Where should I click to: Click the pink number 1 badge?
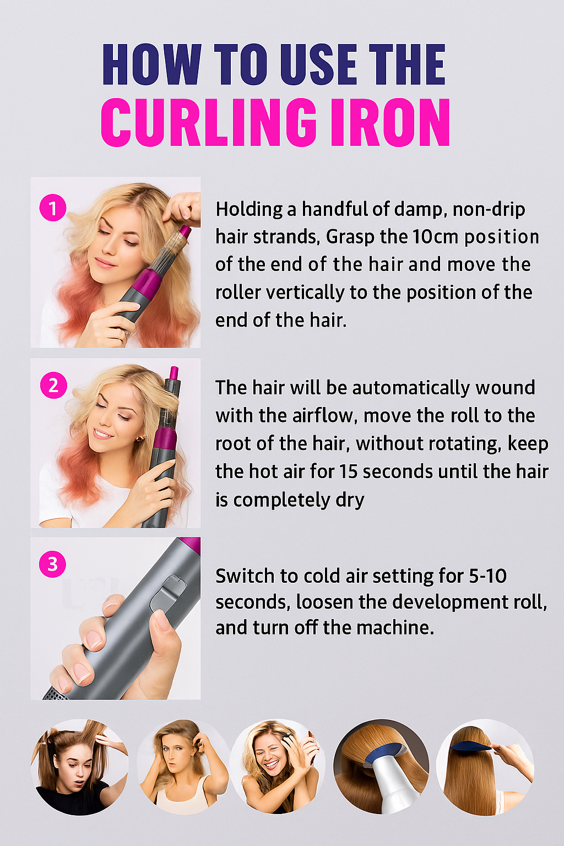point(53,208)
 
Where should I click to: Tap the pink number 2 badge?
point(53,386)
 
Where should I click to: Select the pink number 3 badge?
point(52,564)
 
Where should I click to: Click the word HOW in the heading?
point(151,64)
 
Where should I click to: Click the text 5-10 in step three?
point(487,576)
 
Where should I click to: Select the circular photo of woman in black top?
point(79,767)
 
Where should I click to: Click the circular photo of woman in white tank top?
point(184,767)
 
